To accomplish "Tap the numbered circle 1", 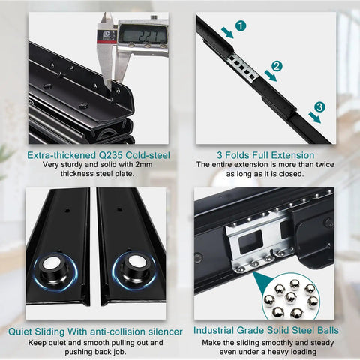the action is point(241,25).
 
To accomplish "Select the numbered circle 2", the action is point(277,66).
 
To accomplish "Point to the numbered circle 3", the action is point(319,107).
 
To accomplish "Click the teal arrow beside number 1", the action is point(227,33).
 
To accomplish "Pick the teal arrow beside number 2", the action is point(271,76).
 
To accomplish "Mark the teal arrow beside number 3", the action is point(314,118).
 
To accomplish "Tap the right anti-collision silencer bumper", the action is point(134,270).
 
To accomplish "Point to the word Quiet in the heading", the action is point(20,331).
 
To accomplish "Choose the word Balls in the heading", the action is point(328,330).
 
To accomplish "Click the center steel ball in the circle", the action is point(291,297).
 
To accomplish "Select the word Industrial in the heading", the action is point(214,330).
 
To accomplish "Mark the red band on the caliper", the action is point(107,42).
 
